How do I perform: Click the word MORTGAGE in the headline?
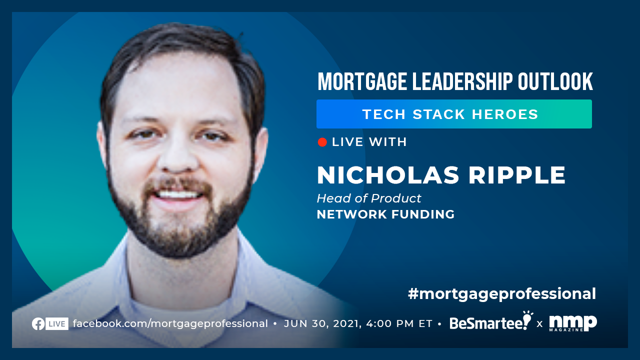pyautogui.click(x=362, y=81)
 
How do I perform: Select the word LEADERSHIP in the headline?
pyautogui.click(x=462, y=81)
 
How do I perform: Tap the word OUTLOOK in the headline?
pyautogui.click(x=555, y=81)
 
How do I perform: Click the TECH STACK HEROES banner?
pyautogui.click(x=454, y=114)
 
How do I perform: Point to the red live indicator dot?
pyautogui.click(x=322, y=142)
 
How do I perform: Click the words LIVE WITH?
pyautogui.click(x=369, y=142)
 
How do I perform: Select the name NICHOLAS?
pyautogui.click(x=388, y=175)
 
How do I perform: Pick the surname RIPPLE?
pyautogui.click(x=517, y=175)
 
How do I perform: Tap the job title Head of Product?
pyautogui.click(x=369, y=198)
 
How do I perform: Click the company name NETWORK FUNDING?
pyautogui.click(x=385, y=214)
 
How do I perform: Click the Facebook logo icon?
pyautogui.click(x=38, y=323)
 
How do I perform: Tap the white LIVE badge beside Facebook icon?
pyautogui.click(x=57, y=323)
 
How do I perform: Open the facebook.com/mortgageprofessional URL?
pyautogui.click(x=170, y=323)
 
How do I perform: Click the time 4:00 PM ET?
pyautogui.click(x=399, y=323)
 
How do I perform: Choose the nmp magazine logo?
pyautogui.click(x=573, y=323)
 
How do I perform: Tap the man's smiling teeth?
pyautogui.click(x=178, y=195)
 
